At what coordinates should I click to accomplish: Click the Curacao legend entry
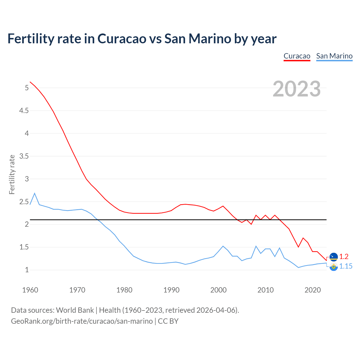pos(297,56)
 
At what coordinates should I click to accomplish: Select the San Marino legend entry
pos(334,56)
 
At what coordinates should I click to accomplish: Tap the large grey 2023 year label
pos(296,89)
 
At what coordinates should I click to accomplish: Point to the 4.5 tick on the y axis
pos(24,111)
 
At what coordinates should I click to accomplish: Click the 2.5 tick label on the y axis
pos(24,202)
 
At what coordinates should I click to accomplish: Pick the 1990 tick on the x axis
pos(171,290)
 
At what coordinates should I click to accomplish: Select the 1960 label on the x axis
pos(30,290)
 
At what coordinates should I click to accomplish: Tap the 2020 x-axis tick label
pos(312,290)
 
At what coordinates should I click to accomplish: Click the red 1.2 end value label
pos(344,256)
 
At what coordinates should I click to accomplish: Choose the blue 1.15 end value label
pos(346,266)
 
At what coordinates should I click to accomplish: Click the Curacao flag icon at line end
pos(334,257)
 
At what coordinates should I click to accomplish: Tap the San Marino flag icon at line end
pos(334,267)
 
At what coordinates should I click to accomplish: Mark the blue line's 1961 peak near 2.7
pos(35,193)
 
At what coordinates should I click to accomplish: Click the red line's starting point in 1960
pos(30,82)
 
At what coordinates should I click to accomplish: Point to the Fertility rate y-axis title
pos(12,174)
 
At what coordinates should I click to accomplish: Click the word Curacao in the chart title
pos(122,39)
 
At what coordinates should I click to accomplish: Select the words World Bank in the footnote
pos(75,310)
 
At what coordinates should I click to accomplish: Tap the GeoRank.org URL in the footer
pos(82,321)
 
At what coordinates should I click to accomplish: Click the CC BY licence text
pos(168,321)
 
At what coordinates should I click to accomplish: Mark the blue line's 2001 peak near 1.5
pos(223,246)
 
